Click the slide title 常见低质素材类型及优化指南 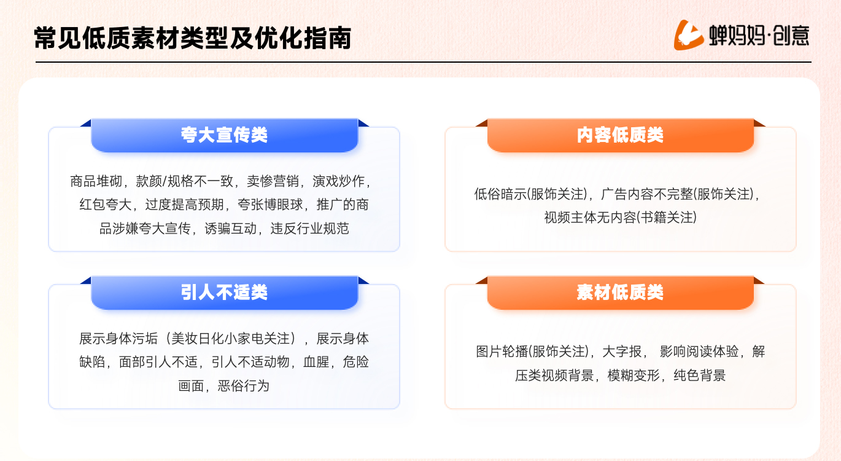(x=193, y=38)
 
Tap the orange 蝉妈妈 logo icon (x=688, y=35)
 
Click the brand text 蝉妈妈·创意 (x=759, y=36)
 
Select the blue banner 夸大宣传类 (x=225, y=135)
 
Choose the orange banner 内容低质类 (x=620, y=135)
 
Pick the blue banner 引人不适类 (x=225, y=293)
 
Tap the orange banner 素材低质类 (x=620, y=293)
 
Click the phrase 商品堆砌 (x=96, y=181)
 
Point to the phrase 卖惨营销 (x=273, y=181)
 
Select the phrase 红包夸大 (x=106, y=205)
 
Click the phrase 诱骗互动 (x=231, y=229)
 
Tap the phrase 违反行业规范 (x=310, y=229)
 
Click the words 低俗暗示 (x=500, y=194)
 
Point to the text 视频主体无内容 (x=591, y=218)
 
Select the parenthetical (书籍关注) (x=667, y=218)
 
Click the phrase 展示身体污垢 (x=118, y=339)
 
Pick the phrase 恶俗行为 (x=244, y=386)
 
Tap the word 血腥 (x=316, y=362)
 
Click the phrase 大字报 (x=622, y=352)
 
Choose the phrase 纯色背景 (x=699, y=376)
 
